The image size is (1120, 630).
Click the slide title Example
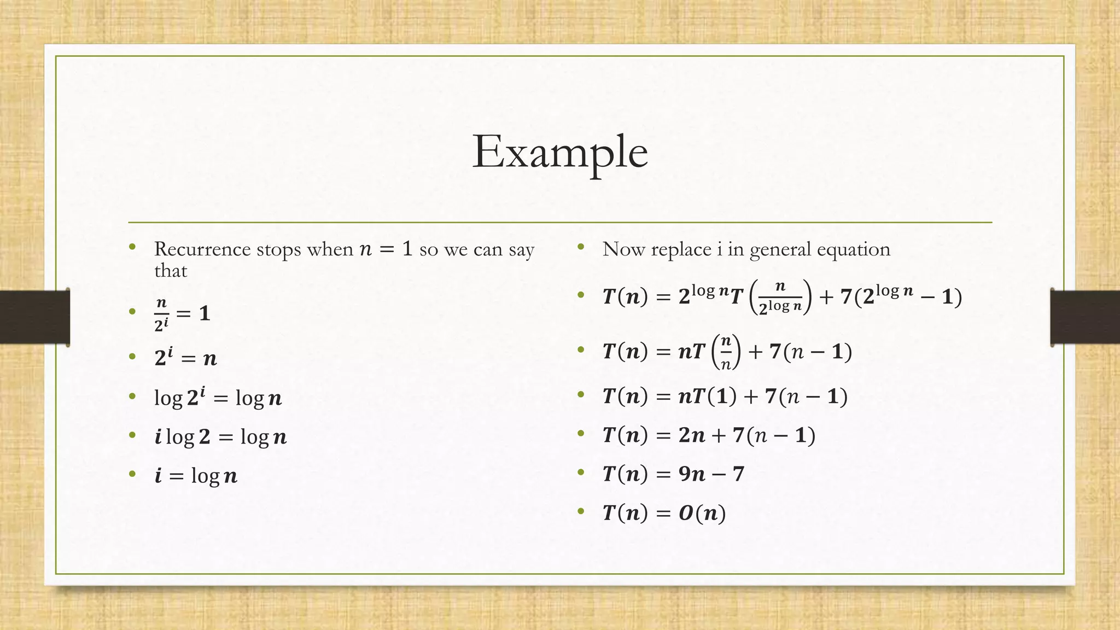click(560, 151)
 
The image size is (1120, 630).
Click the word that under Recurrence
click(171, 271)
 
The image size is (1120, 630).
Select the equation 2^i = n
click(185, 358)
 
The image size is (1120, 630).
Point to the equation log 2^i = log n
click(218, 398)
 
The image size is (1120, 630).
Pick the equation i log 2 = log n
click(220, 436)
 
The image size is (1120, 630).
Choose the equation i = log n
click(196, 475)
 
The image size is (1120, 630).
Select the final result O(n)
click(702, 513)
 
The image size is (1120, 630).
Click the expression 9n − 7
click(711, 474)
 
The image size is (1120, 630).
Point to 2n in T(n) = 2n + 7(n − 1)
click(692, 435)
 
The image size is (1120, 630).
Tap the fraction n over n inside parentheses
click(726, 352)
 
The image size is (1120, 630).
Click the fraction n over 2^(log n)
click(780, 297)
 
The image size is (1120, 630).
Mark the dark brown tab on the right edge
click(1085, 317)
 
